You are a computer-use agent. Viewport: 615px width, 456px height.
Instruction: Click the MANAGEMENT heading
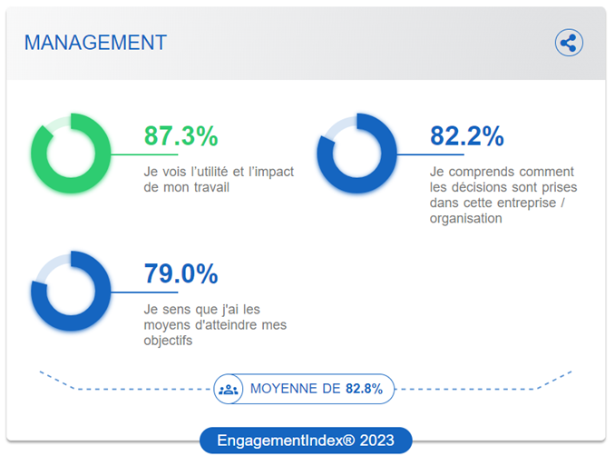coord(95,42)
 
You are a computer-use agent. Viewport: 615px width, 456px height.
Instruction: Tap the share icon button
coord(569,43)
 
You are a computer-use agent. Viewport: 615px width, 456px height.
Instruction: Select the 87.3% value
coord(181,137)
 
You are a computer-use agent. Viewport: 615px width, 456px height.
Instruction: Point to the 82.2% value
coord(466,137)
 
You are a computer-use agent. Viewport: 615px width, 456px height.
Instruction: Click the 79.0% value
coord(181,273)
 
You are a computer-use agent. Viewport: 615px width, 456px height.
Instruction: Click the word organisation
coord(466,218)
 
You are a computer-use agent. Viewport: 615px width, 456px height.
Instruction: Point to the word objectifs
coord(169,341)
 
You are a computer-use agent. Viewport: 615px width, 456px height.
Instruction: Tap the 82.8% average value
coord(364,389)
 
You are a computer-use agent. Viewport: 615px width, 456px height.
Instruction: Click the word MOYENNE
coord(283,389)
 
